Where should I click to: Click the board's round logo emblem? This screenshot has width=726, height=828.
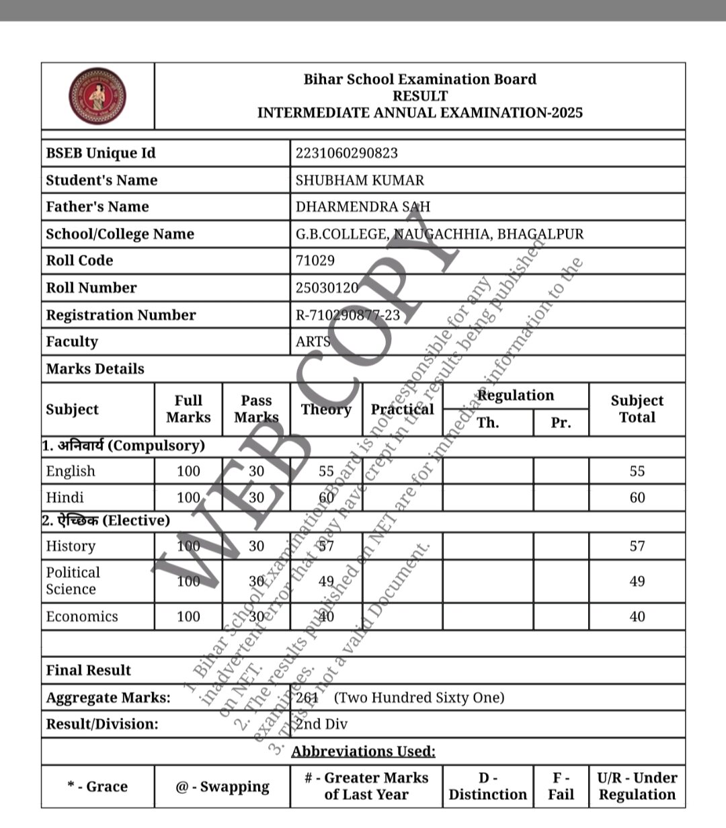coord(97,95)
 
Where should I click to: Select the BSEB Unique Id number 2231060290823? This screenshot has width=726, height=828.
coord(346,153)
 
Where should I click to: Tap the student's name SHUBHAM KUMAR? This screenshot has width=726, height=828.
coord(360,180)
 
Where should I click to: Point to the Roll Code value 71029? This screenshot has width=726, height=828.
coord(315,261)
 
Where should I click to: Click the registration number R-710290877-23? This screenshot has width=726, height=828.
coord(348,315)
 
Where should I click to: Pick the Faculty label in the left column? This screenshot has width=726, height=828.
coord(72,341)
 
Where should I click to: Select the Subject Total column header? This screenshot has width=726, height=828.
coord(637,409)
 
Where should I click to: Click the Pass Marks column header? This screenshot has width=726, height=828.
coord(256,409)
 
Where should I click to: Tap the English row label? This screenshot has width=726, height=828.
coord(71,471)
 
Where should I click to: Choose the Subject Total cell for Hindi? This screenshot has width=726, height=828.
coord(637,498)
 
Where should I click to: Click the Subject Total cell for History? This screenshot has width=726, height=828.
coord(637,546)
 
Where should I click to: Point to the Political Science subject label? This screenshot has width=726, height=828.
coord(73,581)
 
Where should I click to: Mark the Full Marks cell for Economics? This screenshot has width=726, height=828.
coord(188,616)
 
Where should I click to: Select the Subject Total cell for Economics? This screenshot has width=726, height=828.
coord(637,616)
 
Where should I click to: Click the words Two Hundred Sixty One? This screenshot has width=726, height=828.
coord(419,698)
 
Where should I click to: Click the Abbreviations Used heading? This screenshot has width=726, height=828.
coord(363,751)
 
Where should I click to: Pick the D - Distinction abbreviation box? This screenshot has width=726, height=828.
coord(487,786)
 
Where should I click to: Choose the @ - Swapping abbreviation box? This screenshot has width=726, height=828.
coord(223,786)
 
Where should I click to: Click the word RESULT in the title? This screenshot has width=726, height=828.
coord(419,96)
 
